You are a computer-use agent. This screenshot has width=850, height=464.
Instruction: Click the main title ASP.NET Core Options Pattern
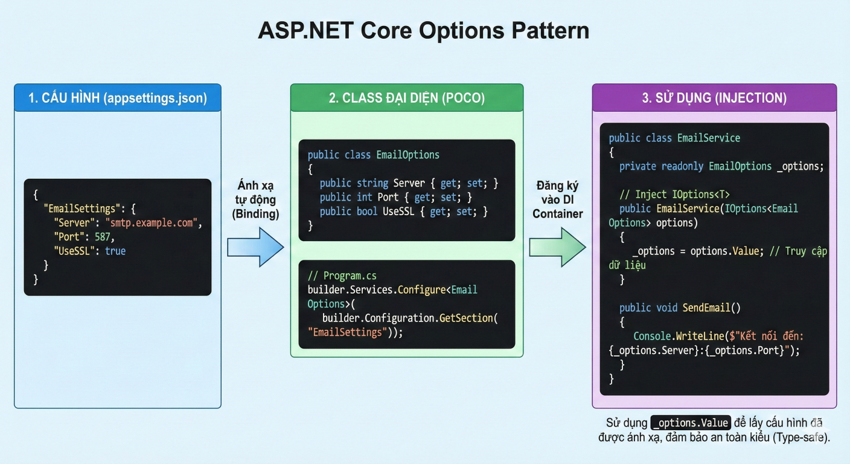(x=424, y=31)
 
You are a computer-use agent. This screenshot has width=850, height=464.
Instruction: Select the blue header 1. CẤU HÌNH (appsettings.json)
(x=117, y=98)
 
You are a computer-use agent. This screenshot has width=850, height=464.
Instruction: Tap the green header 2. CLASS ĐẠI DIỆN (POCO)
(x=406, y=98)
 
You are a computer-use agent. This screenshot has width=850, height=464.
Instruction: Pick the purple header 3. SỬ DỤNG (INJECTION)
(x=714, y=98)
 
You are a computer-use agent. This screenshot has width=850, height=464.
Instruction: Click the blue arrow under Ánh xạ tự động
(x=255, y=247)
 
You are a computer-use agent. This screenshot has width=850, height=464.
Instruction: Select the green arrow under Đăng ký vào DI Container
(x=557, y=247)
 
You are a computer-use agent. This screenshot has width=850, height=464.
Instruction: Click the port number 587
(x=104, y=237)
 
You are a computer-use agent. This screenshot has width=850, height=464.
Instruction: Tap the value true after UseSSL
(x=115, y=251)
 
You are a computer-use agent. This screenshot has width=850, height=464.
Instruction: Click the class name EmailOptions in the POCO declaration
(x=407, y=155)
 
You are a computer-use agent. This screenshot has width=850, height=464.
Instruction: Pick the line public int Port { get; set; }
(x=395, y=197)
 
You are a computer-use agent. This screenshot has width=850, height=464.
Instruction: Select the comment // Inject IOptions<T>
(x=674, y=194)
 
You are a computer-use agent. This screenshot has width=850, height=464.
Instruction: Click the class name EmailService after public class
(x=708, y=138)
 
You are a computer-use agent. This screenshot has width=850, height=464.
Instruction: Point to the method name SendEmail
(x=706, y=308)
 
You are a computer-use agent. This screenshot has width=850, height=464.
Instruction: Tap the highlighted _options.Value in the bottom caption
(x=691, y=422)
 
